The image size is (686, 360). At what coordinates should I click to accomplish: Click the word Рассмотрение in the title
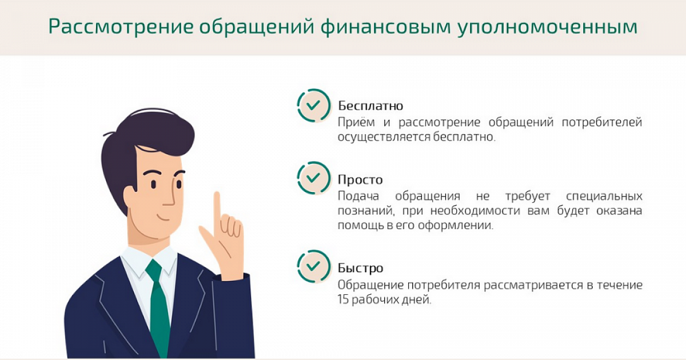121,27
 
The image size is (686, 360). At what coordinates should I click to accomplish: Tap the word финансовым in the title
385,27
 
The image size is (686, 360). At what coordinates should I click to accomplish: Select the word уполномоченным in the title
548,27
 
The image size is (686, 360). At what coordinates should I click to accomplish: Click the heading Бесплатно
370,106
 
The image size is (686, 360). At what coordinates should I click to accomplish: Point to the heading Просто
360,179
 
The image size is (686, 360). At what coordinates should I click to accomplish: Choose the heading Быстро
361,268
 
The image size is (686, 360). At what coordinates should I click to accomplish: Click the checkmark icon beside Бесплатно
314,106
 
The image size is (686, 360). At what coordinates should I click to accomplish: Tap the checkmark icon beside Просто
314,178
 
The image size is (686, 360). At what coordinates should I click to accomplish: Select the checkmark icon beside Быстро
314,266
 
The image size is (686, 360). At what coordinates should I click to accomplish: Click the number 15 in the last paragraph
343,299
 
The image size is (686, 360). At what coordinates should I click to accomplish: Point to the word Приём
356,122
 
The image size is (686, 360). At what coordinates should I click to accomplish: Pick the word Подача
358,196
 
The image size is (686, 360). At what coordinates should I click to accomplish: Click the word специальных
604,196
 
